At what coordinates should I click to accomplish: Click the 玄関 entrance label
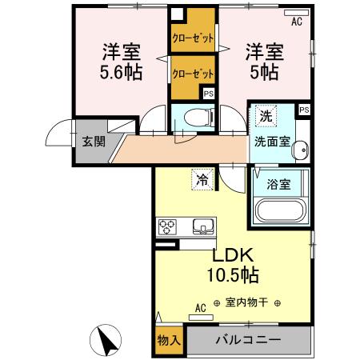(87, 142)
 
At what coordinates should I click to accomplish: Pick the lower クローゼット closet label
(191, 73)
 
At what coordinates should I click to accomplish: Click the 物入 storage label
(168, 340)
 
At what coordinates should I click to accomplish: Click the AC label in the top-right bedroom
(296, 22)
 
